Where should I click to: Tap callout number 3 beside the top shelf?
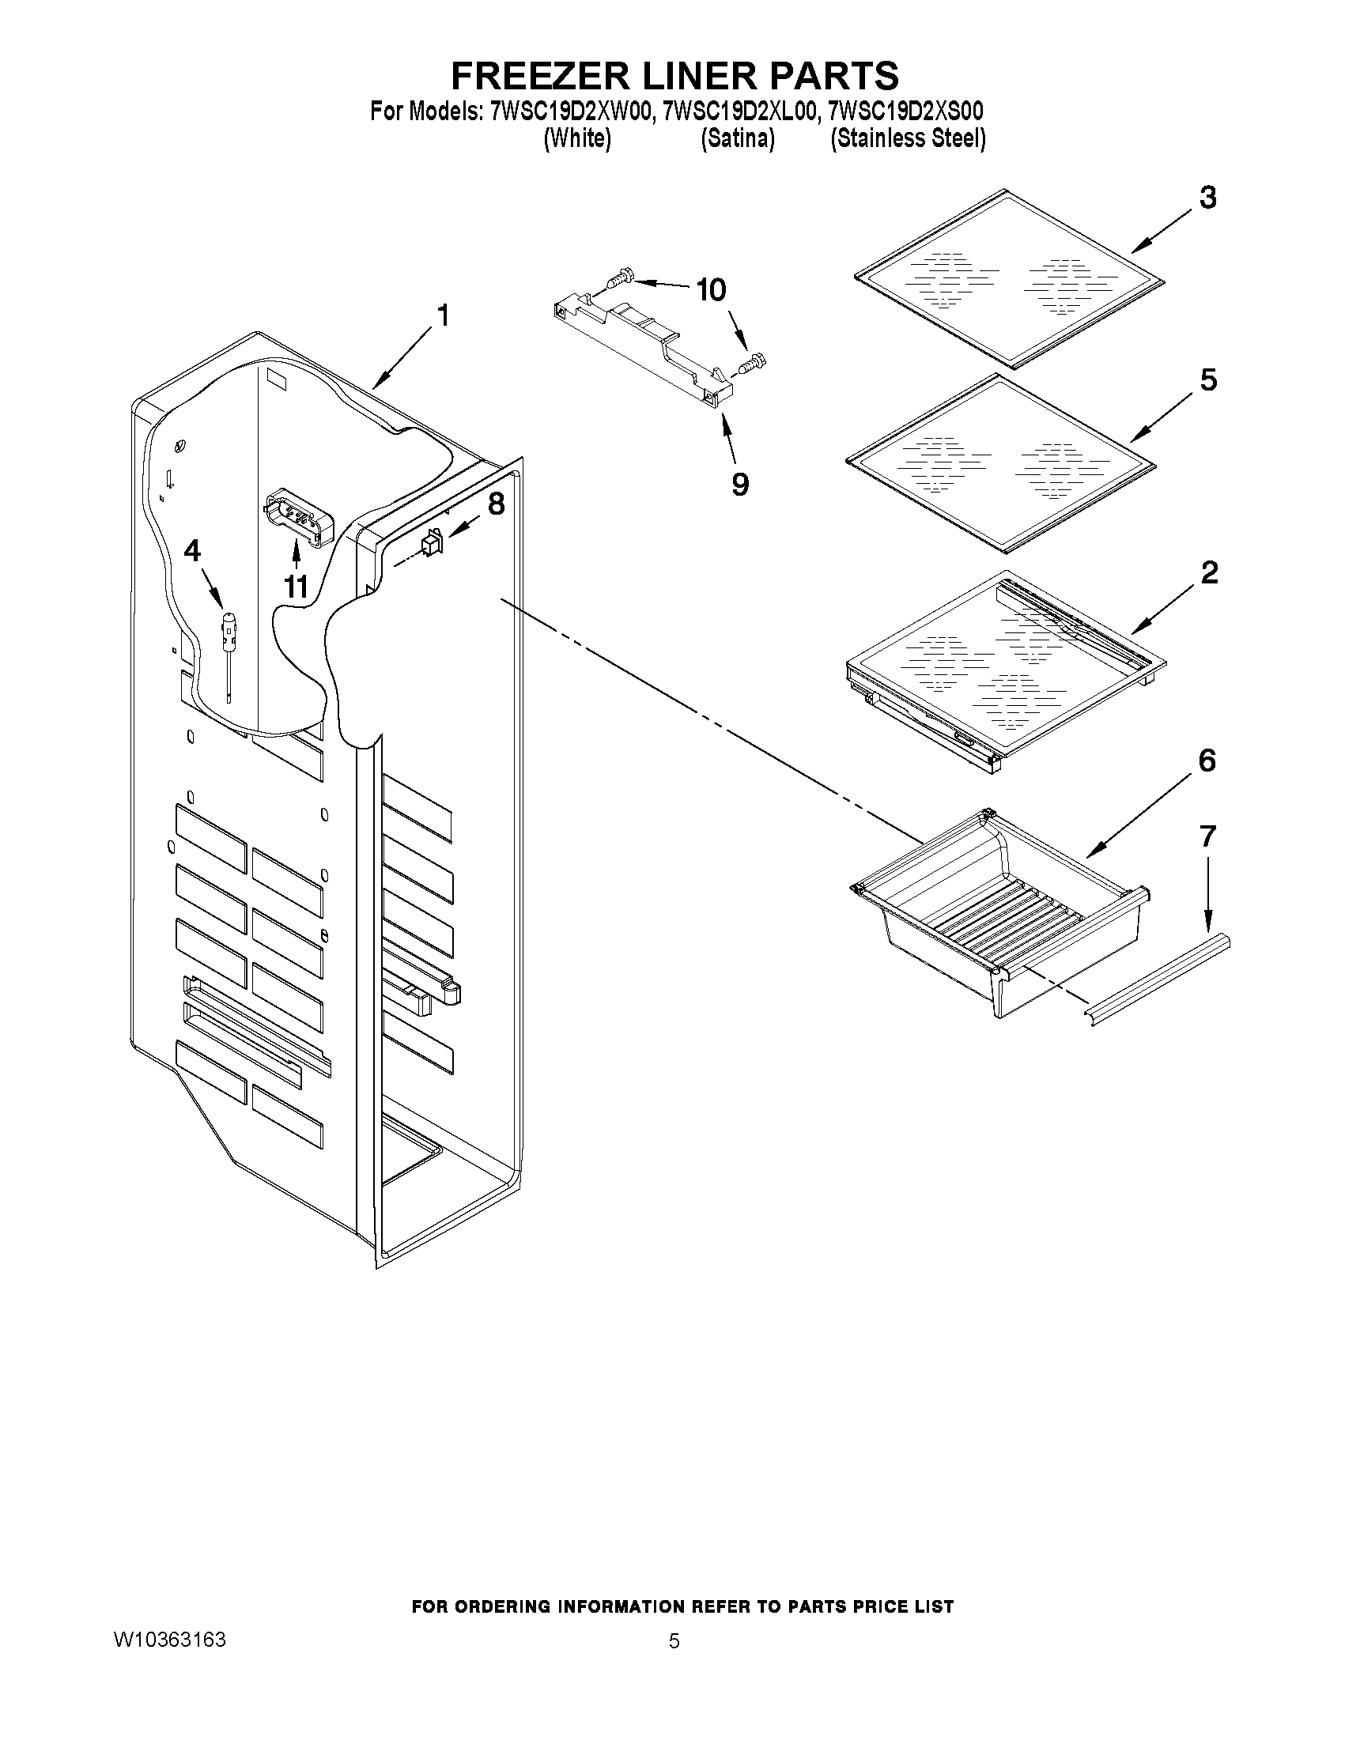coord(1208,198)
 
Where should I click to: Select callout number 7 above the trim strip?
coord(1207,836)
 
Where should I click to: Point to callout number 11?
coord(296,587)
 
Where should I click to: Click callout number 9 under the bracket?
coord(740,484)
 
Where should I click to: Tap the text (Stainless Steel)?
coord(908,139)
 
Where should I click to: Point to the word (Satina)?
coord(737,139)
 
